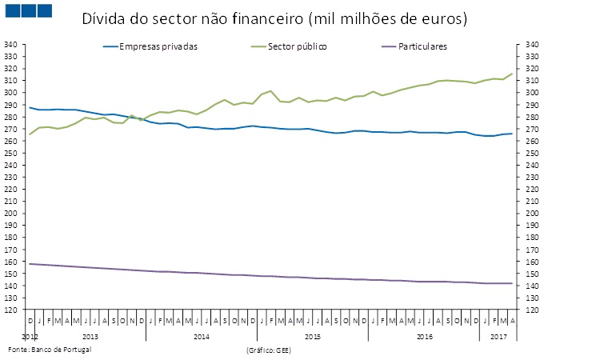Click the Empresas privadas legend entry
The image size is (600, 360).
coord(158,46)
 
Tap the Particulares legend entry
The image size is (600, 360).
coord(416,46)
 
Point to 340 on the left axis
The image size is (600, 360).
coord(12,45)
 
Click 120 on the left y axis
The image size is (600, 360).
coord(12,310)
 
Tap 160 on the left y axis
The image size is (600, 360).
coord(12,262)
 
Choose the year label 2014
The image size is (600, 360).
coord(202,337)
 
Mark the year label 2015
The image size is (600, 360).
coord(313,337)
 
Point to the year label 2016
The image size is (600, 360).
coord(425,337)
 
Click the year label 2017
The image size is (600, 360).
coord(499,337)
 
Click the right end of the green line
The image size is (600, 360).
coord(512,74)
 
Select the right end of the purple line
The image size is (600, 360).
coord(512,283)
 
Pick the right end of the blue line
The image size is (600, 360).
coord(512,134)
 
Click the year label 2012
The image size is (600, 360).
coord(30,337)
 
